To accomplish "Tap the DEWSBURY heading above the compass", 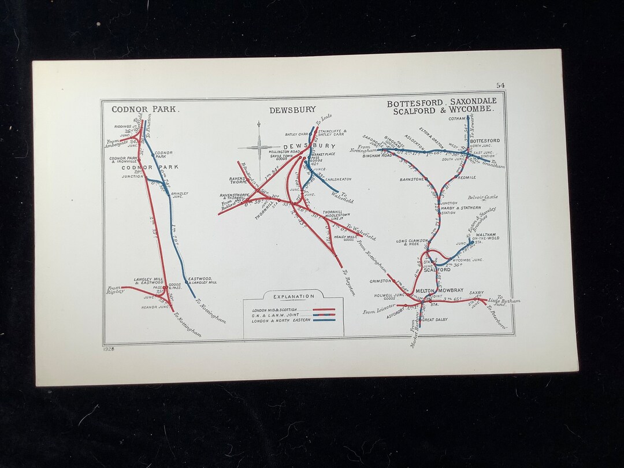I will pos(292,110).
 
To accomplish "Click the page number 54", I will pos(500,86).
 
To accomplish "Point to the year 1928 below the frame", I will pos(109,349).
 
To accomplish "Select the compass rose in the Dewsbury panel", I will pos(259,144).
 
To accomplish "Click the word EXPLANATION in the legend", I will pos(294,296).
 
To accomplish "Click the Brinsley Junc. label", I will pos(180,195).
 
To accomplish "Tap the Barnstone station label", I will pos(412,180).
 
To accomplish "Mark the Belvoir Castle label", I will pos(483,197).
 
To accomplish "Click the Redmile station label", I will pos(467,177).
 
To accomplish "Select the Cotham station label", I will pos(456,119).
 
